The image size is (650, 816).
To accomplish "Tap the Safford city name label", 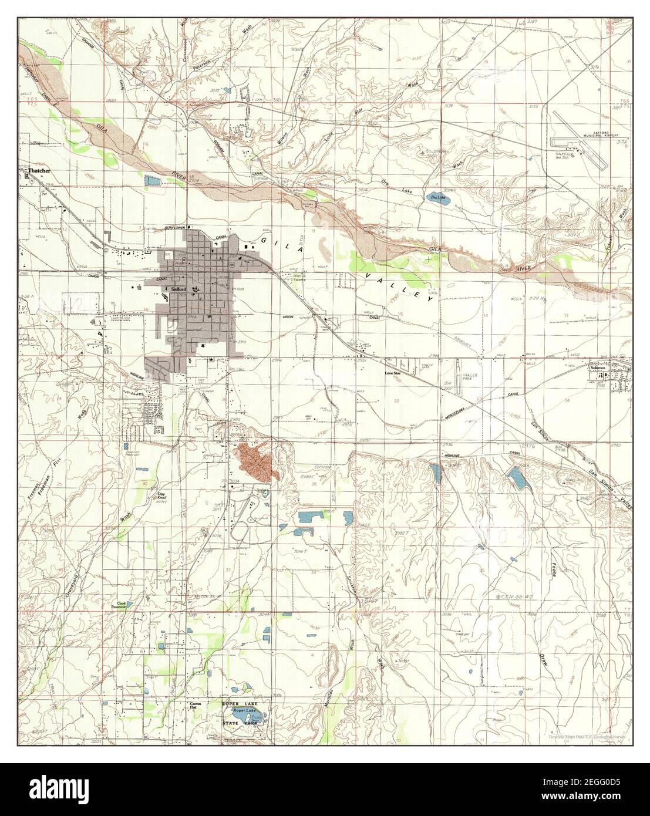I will pyautogui.click(x=179, y=289).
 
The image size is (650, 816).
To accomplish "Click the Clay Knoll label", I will pyautogui.click(x=161, y=497).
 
